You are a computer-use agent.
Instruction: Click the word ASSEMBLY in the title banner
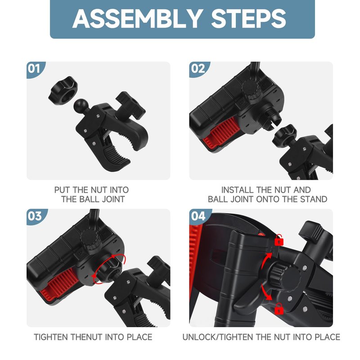point(138,19)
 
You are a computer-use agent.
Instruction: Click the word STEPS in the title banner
point(249,19)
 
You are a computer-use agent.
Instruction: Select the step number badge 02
point(198,69)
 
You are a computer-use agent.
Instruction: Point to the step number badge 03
point(35,216)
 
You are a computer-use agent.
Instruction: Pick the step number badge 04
point(198,216)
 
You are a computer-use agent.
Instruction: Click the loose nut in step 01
point(63,91)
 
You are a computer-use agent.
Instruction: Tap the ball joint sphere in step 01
point(81,105)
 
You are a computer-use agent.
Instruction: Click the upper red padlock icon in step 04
point(279,240)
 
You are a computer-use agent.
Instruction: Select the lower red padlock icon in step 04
point(279,309)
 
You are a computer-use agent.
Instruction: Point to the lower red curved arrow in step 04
point(266,292)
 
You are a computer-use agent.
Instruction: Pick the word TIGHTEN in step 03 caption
point(51,337)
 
